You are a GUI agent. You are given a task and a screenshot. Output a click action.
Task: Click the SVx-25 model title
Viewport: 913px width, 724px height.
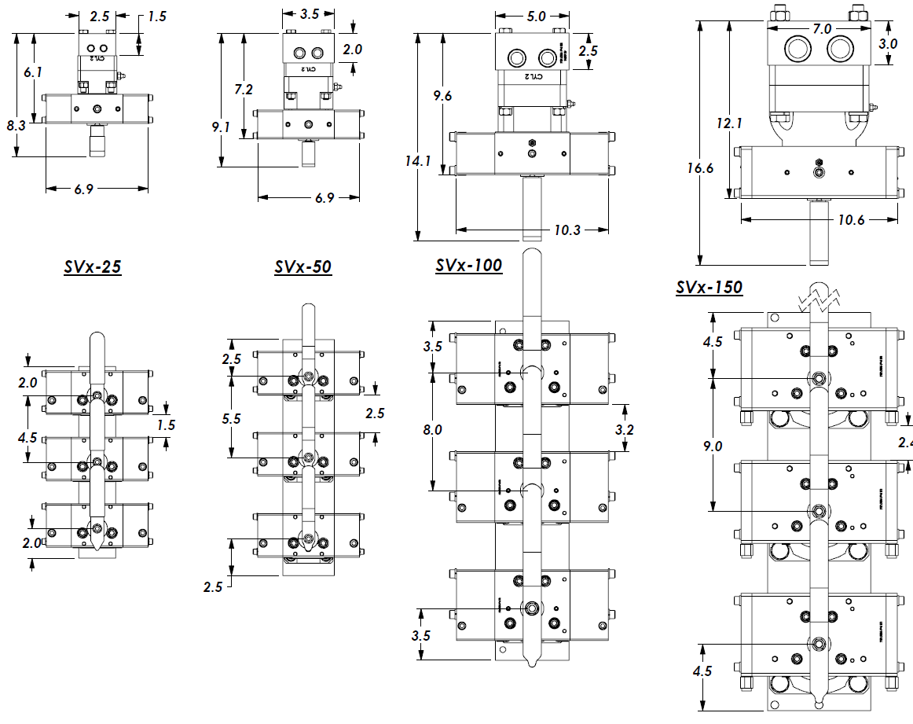[x=92, y=267]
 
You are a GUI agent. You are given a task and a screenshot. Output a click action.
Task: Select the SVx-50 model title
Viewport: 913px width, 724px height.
[x=302, y=267]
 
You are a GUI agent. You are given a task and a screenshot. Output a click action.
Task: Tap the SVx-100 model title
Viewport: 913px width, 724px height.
[x=468, y=266]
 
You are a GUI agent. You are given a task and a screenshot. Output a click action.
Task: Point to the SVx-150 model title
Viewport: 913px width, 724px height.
[x=709, y=288]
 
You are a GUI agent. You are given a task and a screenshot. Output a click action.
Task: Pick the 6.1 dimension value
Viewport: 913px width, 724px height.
[x=32, y=72]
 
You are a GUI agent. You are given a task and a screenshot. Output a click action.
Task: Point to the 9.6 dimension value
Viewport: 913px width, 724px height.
[x=442, y=96]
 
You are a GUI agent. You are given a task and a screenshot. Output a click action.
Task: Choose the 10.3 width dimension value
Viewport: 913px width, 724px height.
[x=567, y=230]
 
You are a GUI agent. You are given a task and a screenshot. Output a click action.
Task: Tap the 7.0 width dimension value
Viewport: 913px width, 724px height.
[x=822, y=29]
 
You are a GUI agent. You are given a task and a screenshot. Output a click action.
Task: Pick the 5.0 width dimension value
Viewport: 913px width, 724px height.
[x=537, y=16]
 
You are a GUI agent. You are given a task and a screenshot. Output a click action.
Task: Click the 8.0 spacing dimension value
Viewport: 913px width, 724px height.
[x=433, y=430]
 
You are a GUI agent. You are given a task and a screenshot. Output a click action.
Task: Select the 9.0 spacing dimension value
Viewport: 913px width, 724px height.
[x=713, y=446]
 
